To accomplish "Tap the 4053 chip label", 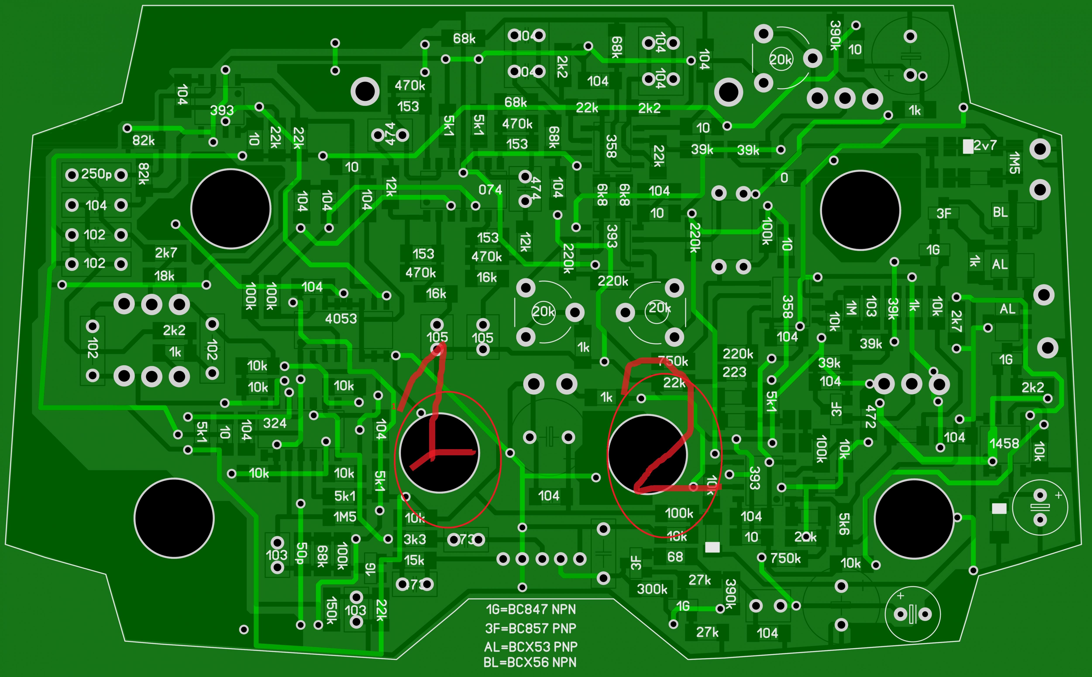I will [341, 319].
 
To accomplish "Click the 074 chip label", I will [490, 190].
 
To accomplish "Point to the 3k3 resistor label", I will [415, 540].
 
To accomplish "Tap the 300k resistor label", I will [652, 589].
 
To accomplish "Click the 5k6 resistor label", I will [844, 524].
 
